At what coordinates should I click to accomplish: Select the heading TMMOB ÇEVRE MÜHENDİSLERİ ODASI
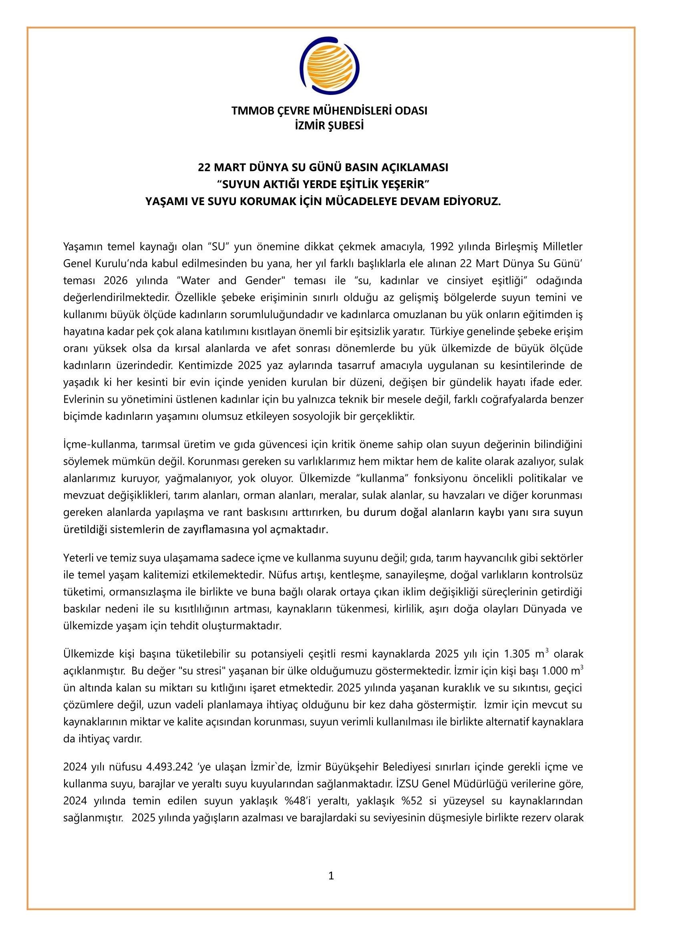click(x=329, y=111)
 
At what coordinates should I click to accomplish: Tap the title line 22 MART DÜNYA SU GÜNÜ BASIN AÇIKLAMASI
click(x=323, y=167)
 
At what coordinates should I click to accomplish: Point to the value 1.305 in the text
click(x=517, y=654)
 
